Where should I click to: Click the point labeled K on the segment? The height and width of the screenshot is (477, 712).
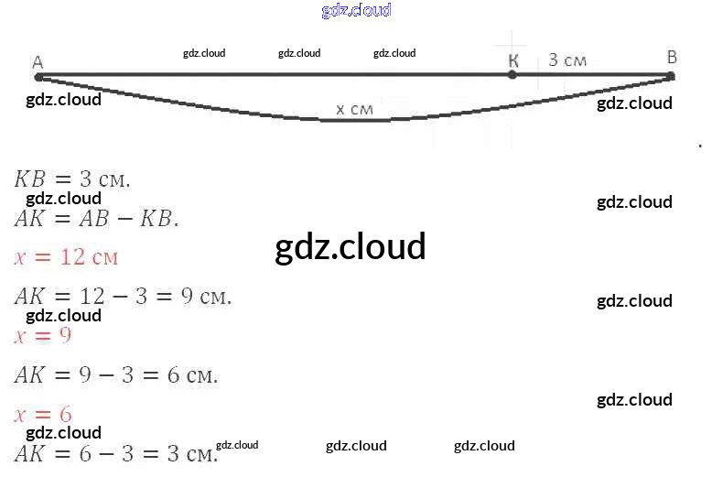[x=512, y=75]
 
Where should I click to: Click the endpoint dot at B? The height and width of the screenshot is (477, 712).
[x=671, y=76]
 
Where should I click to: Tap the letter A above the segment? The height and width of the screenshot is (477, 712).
[x=38, y=62]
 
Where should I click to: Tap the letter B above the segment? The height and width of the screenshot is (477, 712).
[x=672, y=58]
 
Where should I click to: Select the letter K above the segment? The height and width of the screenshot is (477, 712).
[x=512, y=60]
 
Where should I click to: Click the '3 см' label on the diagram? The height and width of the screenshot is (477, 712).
[x=567, y=60]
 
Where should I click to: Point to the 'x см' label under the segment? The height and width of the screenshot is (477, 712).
[x=354, y=109]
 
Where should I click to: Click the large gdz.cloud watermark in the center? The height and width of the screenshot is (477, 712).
[x=351, y=246]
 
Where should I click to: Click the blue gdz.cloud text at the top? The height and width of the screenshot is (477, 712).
[x=356, y=10]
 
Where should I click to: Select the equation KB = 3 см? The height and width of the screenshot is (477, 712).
[x=72, y=179]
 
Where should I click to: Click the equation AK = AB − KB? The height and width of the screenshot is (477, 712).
[x=96, y=219]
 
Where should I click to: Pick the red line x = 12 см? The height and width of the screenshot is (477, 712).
[x=66, y=256]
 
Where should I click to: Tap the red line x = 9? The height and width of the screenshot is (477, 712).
[x=43, y=335]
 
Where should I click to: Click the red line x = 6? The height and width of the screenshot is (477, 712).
[x=43, y=414]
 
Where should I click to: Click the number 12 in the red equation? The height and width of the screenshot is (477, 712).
[x=72, y=256]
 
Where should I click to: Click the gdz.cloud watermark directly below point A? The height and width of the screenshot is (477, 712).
[x=63, y=99]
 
